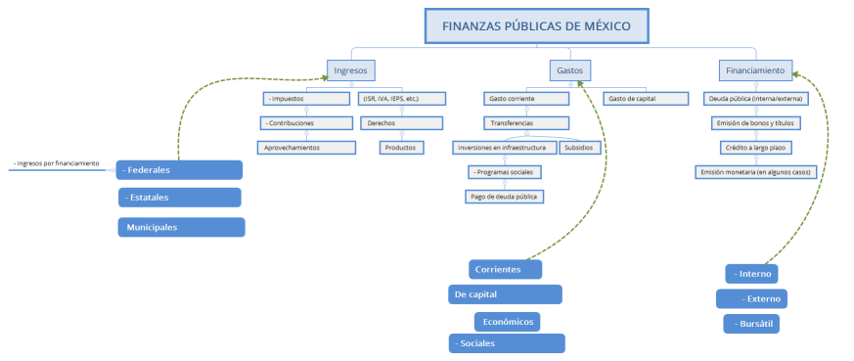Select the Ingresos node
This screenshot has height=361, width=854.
[350, 70]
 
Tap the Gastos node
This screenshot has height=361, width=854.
[569, 70]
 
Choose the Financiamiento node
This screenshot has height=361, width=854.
[754, 70]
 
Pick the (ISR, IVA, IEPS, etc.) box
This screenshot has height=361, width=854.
[402, 99]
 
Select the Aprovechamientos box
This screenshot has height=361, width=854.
[306, 147]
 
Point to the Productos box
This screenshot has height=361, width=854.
[402, 147]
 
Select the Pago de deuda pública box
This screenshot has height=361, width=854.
[503, 196]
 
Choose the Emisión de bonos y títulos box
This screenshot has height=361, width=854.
[753, 123]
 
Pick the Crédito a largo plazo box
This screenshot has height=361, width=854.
[753, 147]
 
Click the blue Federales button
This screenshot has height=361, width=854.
[179, 169]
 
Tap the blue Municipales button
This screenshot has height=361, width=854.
[180, 227]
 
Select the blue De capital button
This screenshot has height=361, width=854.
[505, 294]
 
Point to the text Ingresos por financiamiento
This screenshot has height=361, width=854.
[57, 163]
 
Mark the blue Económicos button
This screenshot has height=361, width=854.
[507, 321]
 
